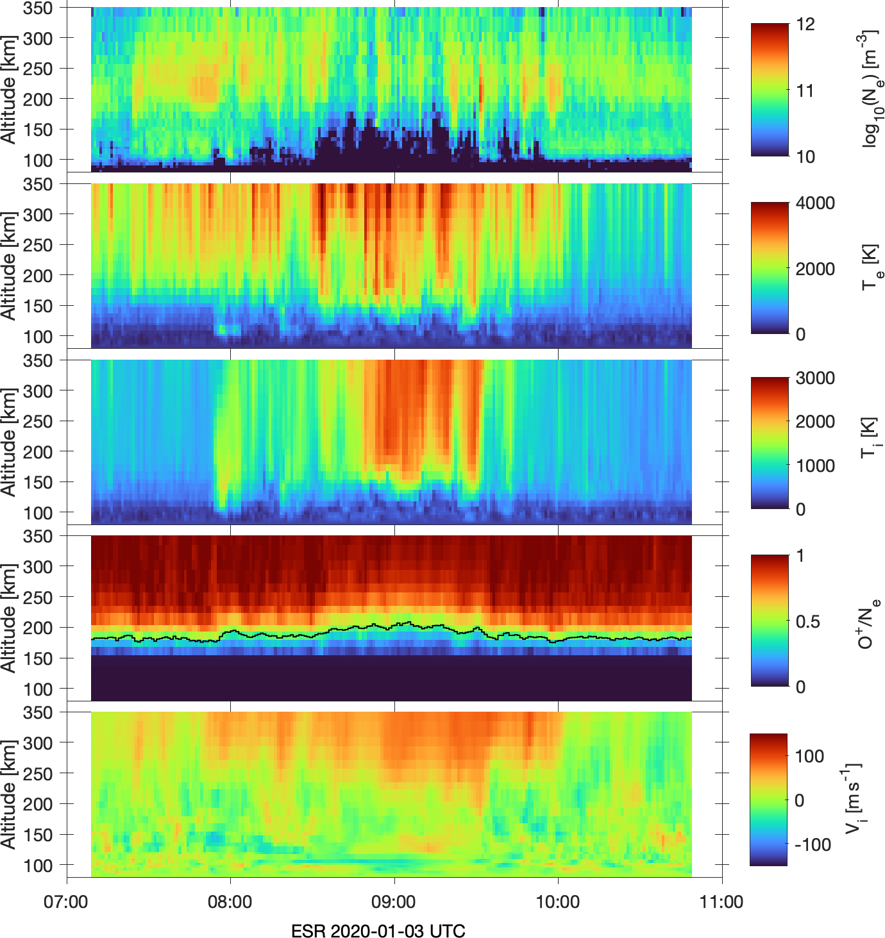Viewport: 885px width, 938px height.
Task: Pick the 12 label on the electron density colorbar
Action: [805, 24]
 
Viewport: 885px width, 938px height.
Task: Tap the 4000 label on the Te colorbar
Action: [815, 203]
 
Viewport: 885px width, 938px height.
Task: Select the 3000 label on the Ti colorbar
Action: [815, 378]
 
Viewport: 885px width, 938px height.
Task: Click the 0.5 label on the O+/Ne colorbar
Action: [807, 621]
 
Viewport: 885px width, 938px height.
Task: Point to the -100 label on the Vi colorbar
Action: [813, 844]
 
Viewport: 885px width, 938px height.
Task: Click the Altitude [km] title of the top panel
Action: [8, 90]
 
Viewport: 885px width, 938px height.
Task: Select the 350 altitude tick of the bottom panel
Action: [38, 713]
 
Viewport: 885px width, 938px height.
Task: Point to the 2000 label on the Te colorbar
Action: [815, 269]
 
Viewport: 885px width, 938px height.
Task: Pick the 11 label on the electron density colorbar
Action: [805, 90]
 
